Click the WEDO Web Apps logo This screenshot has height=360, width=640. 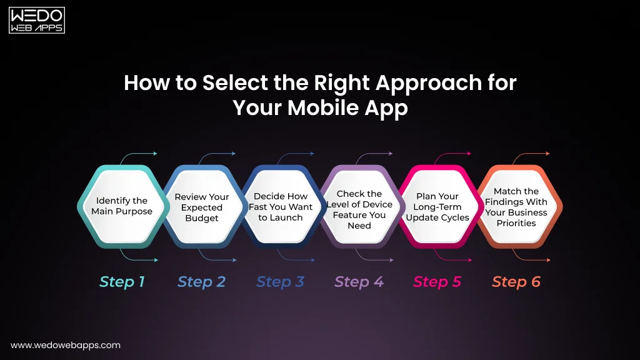tap(37, 20)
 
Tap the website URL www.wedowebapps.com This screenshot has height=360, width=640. tap(66, 345)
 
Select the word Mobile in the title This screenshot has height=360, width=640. tap(322, 107)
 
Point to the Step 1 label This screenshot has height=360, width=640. tap(122, 282)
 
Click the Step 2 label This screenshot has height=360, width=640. tap(201, 282)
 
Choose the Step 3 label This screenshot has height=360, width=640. tap(280, 282)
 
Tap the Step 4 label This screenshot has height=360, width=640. tap(359, 282)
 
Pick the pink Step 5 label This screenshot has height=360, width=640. tap(437, 282)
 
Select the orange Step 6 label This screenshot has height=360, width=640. tap(516, 282)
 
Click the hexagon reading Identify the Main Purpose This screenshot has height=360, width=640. tap(122, 206)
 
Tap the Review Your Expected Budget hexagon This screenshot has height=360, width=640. tap(201, 206)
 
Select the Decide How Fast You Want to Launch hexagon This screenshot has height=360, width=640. tap(281, 206)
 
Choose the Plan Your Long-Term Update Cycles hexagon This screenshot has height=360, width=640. tap(437, 206)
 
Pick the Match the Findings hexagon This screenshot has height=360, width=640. tap(516, 206)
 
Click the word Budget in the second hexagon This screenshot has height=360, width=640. tap(201, 218)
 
